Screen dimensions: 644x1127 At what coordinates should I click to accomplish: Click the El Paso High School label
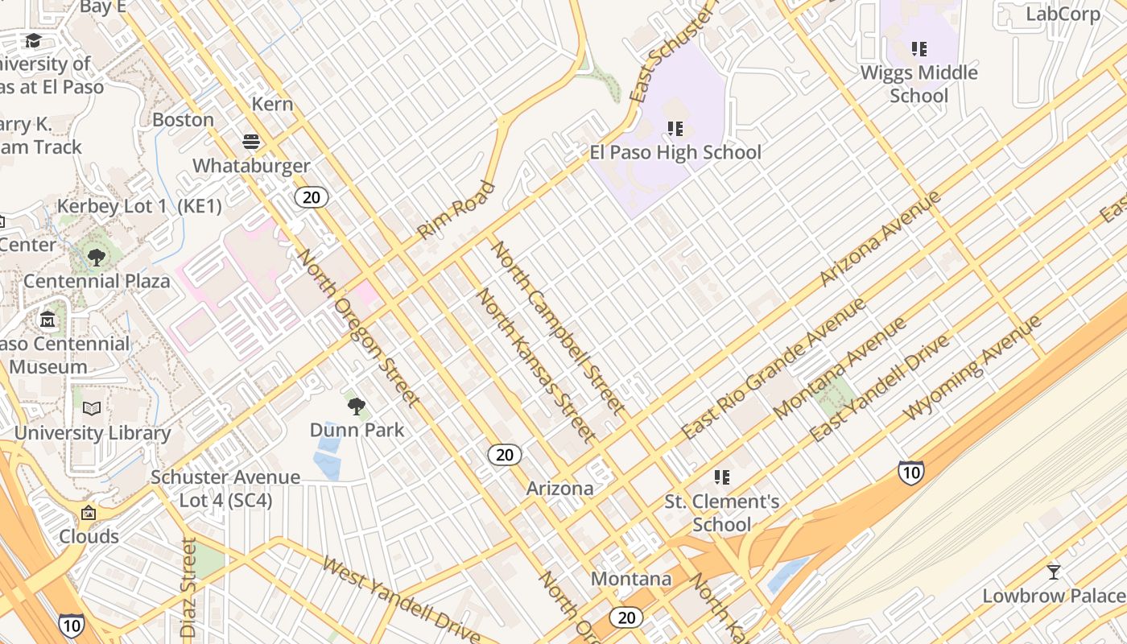click(x=675, y=152)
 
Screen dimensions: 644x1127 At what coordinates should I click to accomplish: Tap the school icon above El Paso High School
click(x=675, y=128)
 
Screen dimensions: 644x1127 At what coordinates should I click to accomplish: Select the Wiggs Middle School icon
click(x=919, y=49)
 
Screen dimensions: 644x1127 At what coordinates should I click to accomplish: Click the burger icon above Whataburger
click(x=251, y=142)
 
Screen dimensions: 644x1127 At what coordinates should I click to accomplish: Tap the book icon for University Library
click(x=93, y=409)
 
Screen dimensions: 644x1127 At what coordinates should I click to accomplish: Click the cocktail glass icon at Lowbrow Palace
click(x=1053, y=572)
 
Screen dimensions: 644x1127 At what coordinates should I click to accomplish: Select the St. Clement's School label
click(x=721, y=513)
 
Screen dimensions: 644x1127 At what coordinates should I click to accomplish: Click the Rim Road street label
click(x=456, y=211)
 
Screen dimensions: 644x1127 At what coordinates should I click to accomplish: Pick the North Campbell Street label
click(x=557, y=328)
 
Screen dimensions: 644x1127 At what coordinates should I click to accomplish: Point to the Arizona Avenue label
click(x=879, y=239)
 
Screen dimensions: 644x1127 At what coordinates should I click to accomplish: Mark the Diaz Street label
click(x=189, y=588)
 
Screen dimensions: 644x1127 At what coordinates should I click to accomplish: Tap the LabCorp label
click(x=1063, y=14)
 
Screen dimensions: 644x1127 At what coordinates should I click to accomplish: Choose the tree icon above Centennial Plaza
click(x=97, y=258)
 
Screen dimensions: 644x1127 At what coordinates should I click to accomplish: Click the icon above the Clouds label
click(x=89, y=513)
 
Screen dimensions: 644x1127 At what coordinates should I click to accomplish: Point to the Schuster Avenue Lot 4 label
click(x=225, y=489)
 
